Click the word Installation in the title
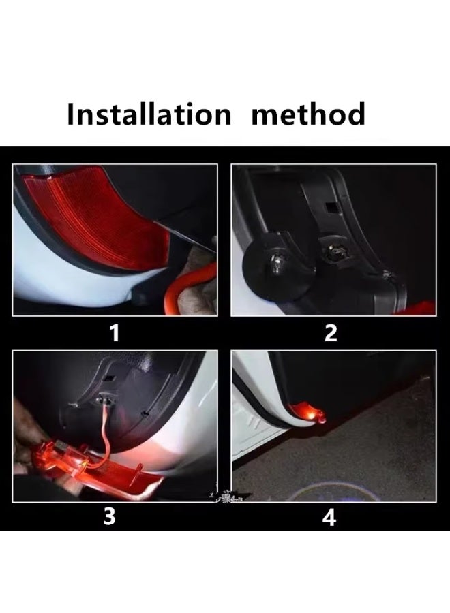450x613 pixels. coord(149,114)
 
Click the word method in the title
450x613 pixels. coord(308,114)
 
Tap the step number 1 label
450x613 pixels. coord(115,333)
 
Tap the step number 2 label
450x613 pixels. coord(331,333)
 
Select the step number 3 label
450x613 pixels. coord(109,517)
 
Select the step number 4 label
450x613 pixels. coord(329,518)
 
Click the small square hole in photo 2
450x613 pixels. coord(331,205)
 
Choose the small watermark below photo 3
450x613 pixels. coord(227,502)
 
